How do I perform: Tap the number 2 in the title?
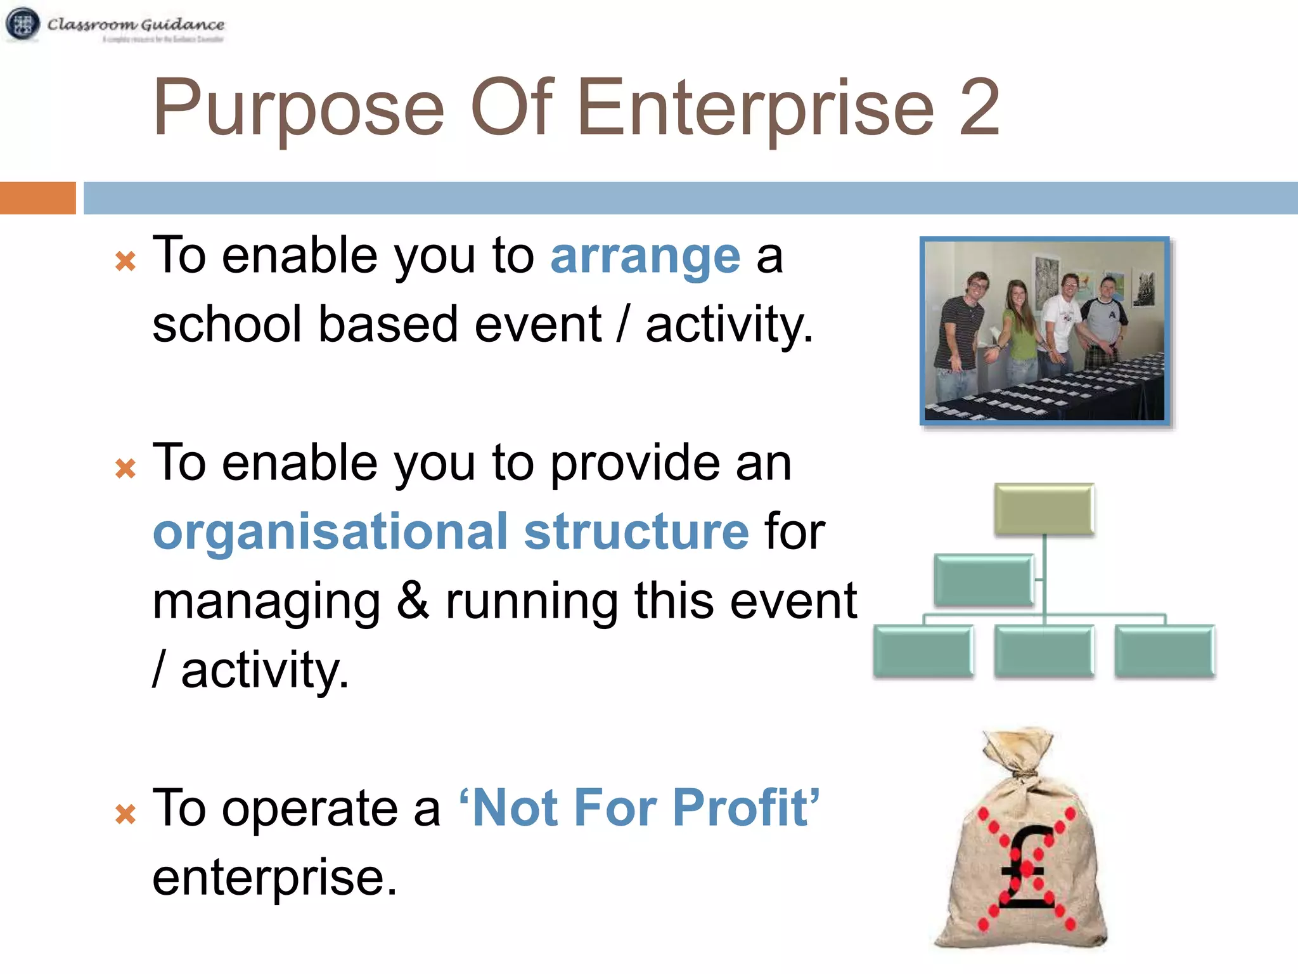979,108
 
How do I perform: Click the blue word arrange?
645,257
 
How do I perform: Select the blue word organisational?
330,533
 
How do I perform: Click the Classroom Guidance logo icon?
23,24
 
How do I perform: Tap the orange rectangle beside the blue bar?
37,198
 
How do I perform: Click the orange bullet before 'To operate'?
125,814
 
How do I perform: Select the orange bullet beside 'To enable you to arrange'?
125,261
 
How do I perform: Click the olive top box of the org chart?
1044,509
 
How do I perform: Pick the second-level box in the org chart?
984,580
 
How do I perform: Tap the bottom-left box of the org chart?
923,651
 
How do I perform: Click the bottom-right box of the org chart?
1164,651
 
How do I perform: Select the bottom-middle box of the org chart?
1044,651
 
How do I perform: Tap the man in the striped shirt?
962,330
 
